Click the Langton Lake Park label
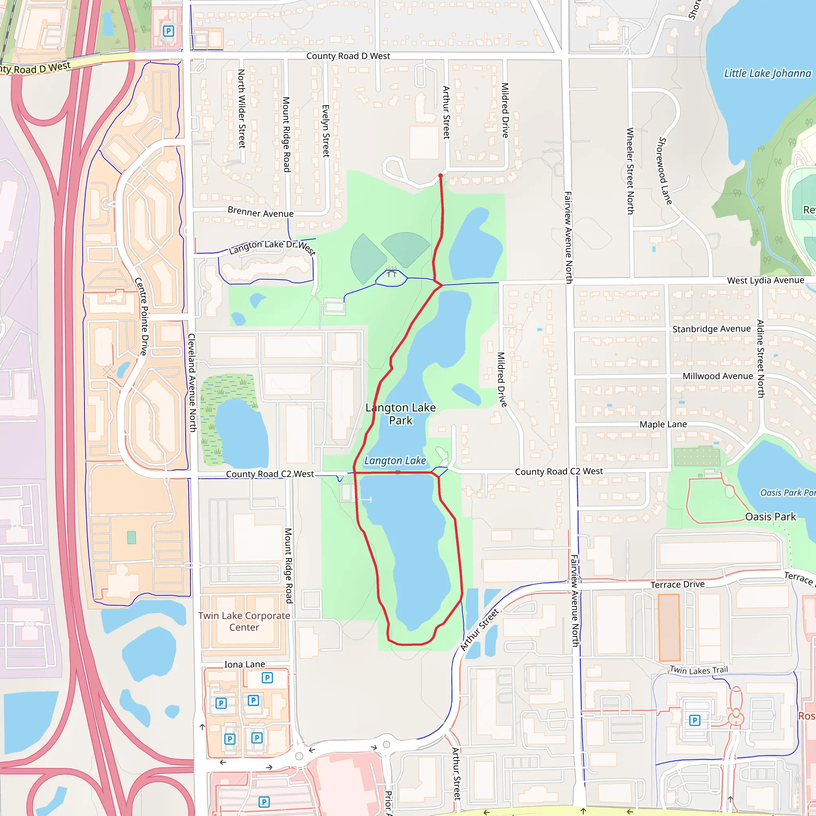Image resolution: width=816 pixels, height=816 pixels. click(400, 414)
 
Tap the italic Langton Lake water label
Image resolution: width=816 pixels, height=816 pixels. click(395, 460)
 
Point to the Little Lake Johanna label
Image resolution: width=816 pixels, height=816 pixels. click(767, 73)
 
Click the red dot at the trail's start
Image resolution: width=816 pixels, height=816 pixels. click(441, 176)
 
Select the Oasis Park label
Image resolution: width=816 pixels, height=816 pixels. click(771, 516)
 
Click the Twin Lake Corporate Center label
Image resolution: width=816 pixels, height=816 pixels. click(244, 621)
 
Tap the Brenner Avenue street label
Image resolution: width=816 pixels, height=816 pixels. click(260, 212)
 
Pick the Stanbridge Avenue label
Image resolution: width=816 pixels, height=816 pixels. click(711, 329)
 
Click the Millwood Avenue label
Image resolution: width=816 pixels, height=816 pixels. click(718, 376)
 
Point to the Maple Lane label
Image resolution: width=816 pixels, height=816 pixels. click(663, 424)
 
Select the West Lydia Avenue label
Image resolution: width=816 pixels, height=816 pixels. click(765, 280)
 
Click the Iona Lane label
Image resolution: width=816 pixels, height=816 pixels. click(245, 664)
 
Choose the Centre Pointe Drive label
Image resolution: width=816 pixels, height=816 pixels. click(141, 316)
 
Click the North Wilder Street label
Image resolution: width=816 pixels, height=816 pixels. click(241, 108)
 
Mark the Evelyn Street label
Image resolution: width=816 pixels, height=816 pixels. click(326, 131)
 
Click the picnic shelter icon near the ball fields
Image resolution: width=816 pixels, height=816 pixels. click(392, 273)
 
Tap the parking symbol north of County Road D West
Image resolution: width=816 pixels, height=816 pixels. click(168, 31)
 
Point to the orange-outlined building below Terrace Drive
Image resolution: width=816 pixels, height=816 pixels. click(669, 627)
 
